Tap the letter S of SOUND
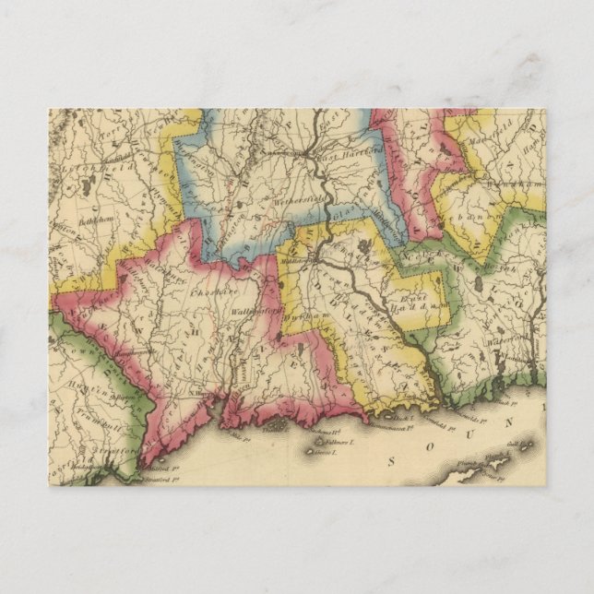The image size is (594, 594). [392, 459]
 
